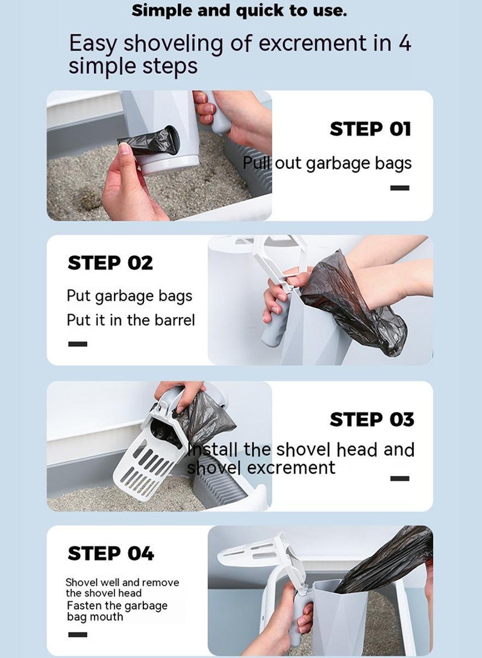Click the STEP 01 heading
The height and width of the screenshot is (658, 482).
[370, 128]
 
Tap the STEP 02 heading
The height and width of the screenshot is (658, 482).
[110, 263]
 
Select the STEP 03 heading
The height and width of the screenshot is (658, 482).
[372, 419]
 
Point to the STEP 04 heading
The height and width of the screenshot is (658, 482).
[111, 553]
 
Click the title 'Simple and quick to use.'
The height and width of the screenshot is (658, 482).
[239, 10]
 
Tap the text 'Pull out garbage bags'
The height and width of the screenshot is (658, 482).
[327, 163]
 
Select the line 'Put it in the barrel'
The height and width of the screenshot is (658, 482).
[131, 320]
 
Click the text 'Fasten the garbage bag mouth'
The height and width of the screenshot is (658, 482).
[117, 611]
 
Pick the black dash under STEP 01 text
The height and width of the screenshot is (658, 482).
[399, 188]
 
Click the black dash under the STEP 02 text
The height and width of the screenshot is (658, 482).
[78, 344]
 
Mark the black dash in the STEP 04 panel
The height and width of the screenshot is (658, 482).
[78, 634]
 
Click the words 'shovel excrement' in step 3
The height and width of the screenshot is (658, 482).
[261, 467]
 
